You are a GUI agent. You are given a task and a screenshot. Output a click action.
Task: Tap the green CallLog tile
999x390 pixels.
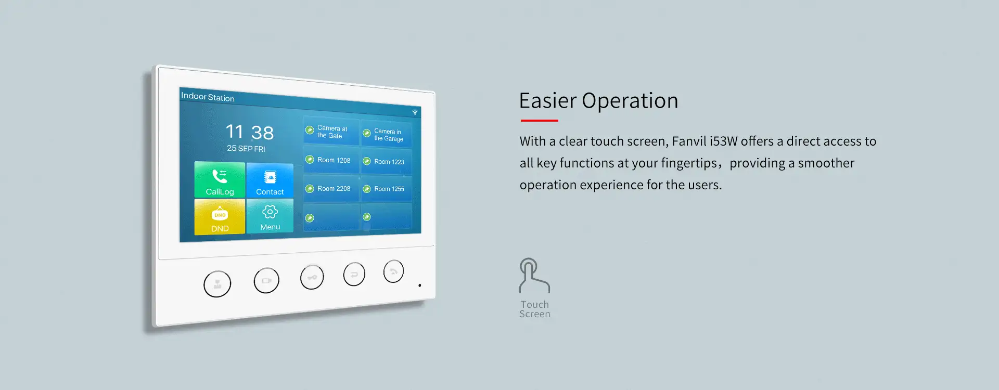(220, 179)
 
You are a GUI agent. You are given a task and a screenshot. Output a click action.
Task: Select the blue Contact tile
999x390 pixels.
(270, 180)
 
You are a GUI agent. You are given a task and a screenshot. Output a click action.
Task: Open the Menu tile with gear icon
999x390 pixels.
(270, 216)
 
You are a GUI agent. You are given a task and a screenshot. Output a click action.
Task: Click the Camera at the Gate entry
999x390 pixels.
(331, 132)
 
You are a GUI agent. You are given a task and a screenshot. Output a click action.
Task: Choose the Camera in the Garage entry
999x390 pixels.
(387, 135)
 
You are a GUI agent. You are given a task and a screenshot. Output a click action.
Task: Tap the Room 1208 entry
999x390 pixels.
(331, 160)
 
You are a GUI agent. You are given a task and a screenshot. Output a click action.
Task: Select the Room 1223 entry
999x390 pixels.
(387, 162)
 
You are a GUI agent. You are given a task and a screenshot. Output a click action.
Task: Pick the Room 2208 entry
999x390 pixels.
(331, 188)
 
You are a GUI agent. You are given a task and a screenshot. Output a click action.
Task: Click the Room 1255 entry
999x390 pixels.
(387, 189)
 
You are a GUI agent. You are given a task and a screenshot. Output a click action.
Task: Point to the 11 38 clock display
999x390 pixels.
(250, 132)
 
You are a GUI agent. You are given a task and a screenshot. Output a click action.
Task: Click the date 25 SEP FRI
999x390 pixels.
(246, 148)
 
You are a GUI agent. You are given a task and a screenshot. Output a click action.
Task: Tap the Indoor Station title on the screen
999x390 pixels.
(208, 97)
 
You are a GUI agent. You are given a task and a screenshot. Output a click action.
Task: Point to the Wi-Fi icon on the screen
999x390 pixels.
(415, 112)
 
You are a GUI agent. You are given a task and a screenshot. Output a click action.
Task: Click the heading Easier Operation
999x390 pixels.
(598, 101)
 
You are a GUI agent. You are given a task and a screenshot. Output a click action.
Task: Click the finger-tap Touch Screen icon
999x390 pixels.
(534, 276)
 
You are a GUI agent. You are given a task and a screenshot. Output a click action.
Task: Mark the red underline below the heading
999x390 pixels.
(540, 121)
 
